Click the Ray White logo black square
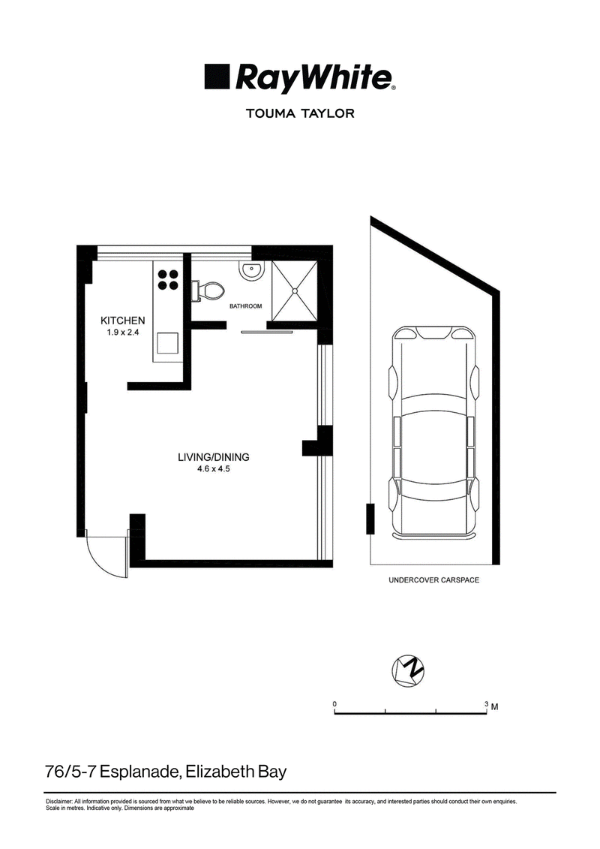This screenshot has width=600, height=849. tap(217, 77)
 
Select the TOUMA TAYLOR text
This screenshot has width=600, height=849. tap(300, 113)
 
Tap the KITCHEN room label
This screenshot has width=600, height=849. tap(123, 321)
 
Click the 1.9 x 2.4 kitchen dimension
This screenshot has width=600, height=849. tap(123, 333)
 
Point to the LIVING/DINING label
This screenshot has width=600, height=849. tap(214, 457)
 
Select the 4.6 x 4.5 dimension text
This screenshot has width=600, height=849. tap(214, 469)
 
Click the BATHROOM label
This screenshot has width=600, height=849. tap(246, 306)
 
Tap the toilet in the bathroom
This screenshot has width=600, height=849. tap(208, 291)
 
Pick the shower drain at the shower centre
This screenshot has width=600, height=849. tap(294, 291)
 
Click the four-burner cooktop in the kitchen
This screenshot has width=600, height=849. tap(168, 280)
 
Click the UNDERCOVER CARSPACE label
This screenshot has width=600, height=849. tap(434, 580)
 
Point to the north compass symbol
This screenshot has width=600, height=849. tap(407, 671)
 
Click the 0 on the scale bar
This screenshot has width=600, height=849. tap(335, 704)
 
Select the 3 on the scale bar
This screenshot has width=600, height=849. tap(487, 704)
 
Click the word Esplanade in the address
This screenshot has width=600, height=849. tap(139, 772)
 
